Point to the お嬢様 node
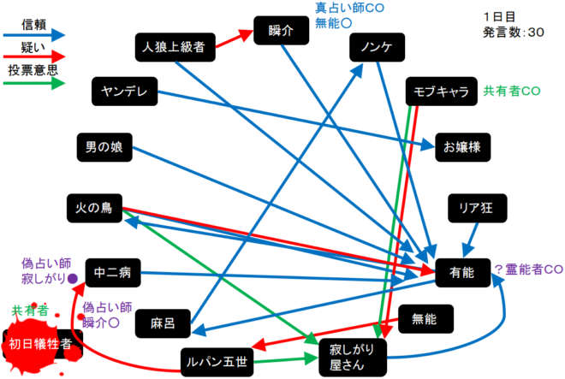(x=463, y=146)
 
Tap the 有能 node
(x=461, y=272)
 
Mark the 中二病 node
(x=112, y=274)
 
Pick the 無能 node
(x=424, y=319)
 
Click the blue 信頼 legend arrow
(x=35, y=35)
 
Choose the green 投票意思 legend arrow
(x=35, y=84)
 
